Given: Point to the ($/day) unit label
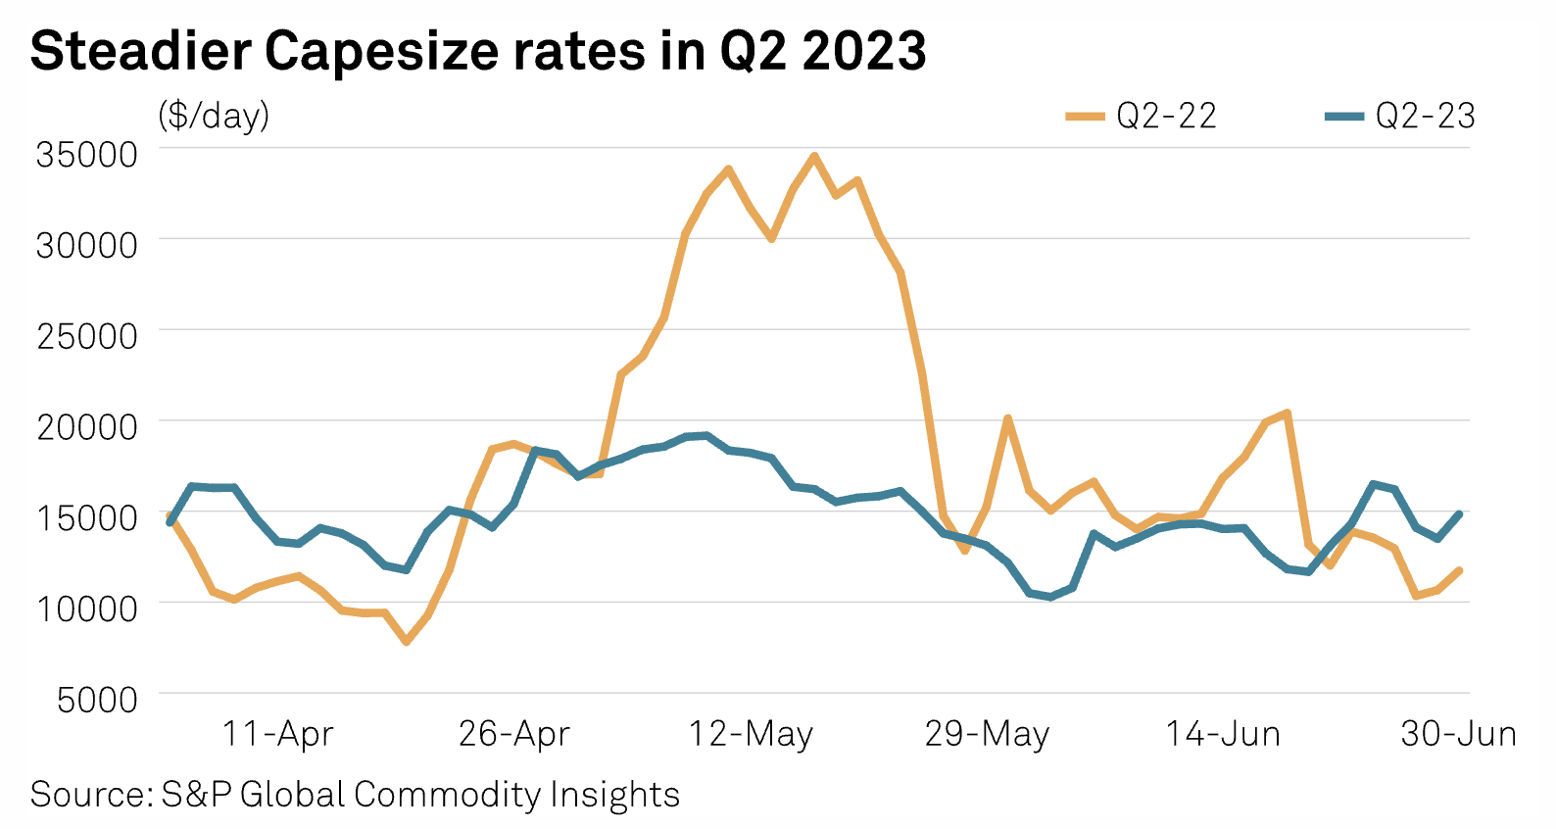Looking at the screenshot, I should pos(214,116).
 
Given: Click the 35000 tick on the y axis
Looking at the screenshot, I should pos(87,154).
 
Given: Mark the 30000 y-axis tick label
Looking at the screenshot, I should pos(87,245).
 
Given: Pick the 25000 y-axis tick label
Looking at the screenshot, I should pos(87,336).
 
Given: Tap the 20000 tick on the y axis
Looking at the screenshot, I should pos(87,427).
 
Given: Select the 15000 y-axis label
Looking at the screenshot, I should pos(87,517).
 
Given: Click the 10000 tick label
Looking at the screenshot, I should pos(87,609).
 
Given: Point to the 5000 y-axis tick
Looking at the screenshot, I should pos(97,700).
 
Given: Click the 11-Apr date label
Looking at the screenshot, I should pos(278,734).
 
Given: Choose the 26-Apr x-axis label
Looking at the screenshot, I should pos(514,734).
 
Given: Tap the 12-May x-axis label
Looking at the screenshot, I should pos(752,734).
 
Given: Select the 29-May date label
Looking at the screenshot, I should pos(987,734).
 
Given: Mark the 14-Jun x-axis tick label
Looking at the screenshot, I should pos(1223,734).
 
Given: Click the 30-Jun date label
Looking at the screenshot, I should pos(1458,734).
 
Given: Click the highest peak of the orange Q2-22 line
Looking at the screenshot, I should pos(814,156).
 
